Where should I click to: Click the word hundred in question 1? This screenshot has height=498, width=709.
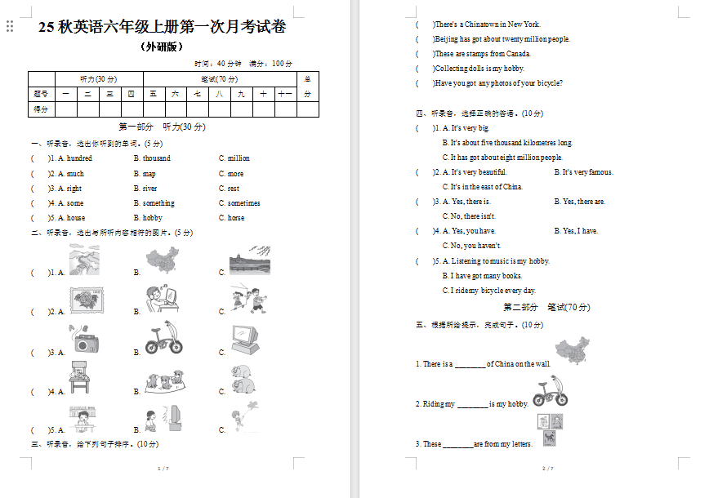79,158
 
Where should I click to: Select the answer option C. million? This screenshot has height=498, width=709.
234,158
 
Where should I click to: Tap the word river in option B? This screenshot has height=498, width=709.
149,189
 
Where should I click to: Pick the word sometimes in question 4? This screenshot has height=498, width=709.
243,203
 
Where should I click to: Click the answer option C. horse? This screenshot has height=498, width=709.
231,218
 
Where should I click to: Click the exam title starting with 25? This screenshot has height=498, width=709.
162,27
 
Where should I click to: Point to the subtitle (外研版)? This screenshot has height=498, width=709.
162,47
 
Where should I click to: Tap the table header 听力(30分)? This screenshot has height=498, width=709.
98,79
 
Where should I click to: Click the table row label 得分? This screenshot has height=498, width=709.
40,109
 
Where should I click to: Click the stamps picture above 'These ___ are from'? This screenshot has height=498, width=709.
550,429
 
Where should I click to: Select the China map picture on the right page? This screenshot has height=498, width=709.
572,350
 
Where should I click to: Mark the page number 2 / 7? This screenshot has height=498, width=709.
548,469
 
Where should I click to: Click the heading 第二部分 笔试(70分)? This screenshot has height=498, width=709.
546,308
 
